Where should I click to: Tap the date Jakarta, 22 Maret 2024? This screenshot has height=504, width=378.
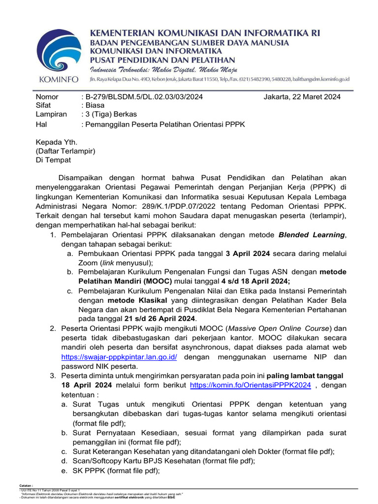(x=302, y=96)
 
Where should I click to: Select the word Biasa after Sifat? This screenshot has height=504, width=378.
(x=95, y=105)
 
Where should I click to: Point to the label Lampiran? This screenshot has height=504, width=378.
(x=52, y=115)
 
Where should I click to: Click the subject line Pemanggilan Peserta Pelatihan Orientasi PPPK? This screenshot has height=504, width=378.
(x=165, y=124)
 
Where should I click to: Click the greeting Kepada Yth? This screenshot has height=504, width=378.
(x=56, y=142)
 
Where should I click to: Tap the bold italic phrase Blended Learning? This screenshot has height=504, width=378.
(x=311, y=235)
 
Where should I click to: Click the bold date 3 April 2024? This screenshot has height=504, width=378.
(x=248, y=253)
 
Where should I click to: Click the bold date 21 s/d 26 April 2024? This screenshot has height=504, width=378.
(x=159, y=318)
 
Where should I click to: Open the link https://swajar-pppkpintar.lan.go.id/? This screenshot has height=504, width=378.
(x=119, y=356)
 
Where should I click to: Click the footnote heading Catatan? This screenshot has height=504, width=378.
(x=26, y=485)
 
